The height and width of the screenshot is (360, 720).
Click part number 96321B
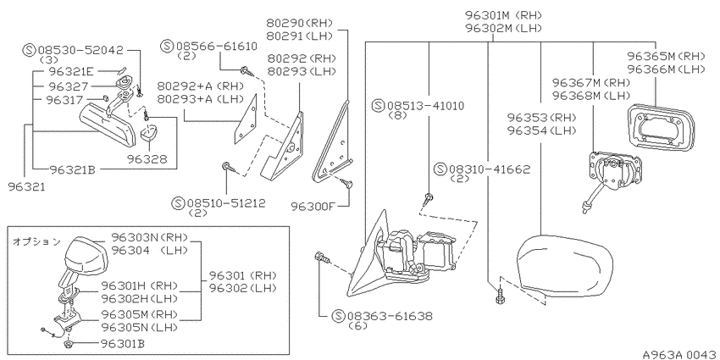(x=72, y=170)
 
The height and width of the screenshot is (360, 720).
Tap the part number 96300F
(x=313, y=206)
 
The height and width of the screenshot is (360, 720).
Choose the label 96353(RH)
(x=541, y=117)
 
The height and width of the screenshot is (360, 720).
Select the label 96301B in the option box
(x=123, y=343)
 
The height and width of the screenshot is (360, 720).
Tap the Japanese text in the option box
(x=36, y=241)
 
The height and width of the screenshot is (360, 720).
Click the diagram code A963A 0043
(x=679, y=354)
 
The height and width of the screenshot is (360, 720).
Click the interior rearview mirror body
(x=108, y=125)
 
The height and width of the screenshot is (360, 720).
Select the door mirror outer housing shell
(x=564, y=266)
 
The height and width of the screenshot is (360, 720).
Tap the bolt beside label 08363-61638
(x=322, y=258)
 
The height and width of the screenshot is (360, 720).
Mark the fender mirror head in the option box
(x=86, y=254)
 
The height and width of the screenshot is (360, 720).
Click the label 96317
(x=64, y=100)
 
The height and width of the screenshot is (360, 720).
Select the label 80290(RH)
(x=299, y=23)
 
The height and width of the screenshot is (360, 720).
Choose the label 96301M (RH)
(x=503, y=15)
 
